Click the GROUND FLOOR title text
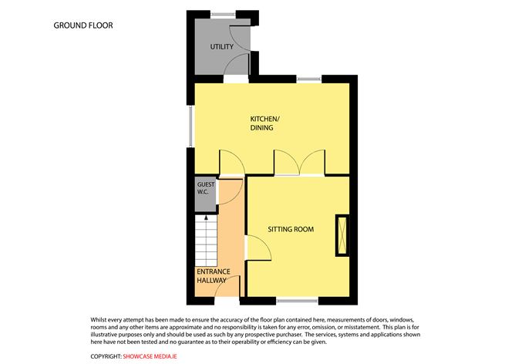82,25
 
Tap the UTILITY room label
222,47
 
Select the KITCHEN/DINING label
266,123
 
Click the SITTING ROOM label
291,229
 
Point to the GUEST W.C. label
206,189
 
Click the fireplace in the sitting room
341,237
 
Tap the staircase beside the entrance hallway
206,241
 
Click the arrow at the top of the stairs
207,219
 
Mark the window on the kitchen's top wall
309,78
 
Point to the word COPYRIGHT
106,356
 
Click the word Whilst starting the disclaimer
100,318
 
